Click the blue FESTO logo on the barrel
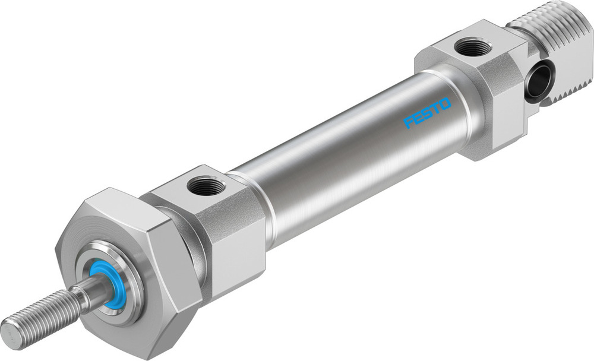click(427, 113)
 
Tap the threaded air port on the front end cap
click(206, 186)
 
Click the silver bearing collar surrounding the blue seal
click(128, 273)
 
